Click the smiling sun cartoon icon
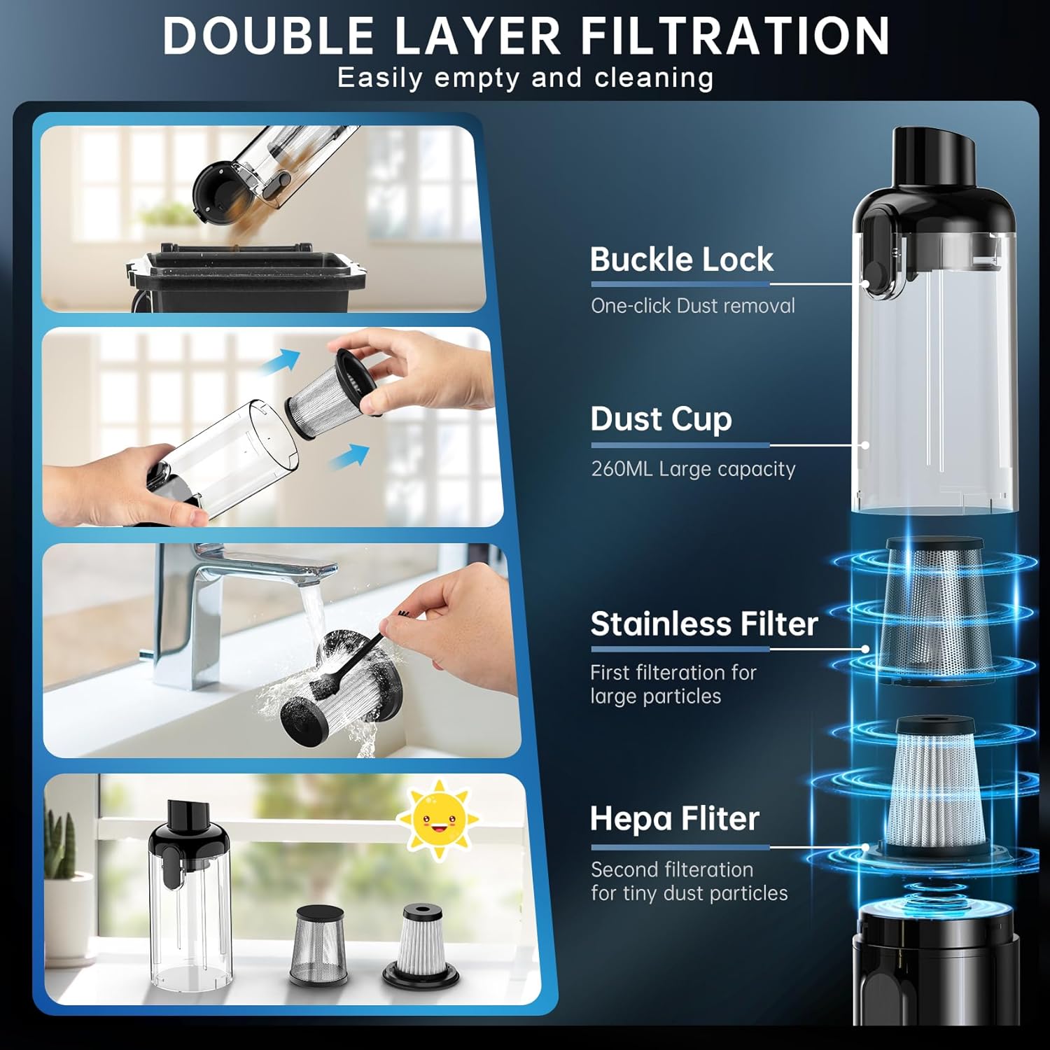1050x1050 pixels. [x=438, y=818]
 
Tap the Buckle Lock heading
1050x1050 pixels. [x=681, y=260]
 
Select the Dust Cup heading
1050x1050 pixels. [x=661, y=419]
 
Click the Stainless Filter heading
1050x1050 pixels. [x=703, y=624]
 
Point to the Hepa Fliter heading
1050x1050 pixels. [x=674, y=818]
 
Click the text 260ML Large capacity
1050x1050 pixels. [x=693, y=469]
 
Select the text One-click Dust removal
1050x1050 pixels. [x=692, y=306]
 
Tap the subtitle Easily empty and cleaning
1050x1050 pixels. [x=525, y=78]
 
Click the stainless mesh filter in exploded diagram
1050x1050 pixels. [x=934, y=609]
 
